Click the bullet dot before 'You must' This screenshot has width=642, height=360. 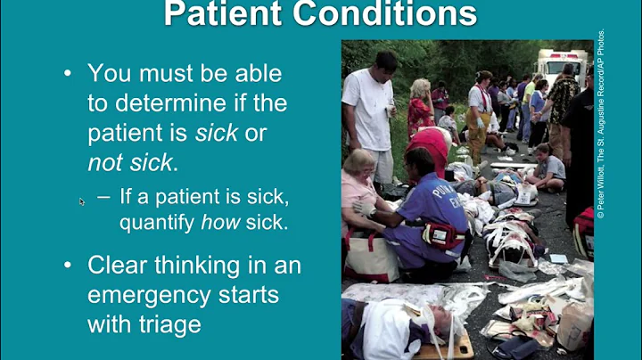tap(68, 73)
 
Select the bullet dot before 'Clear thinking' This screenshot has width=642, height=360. tap(68, 265)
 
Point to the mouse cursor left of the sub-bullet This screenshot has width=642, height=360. tap(82, 201)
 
